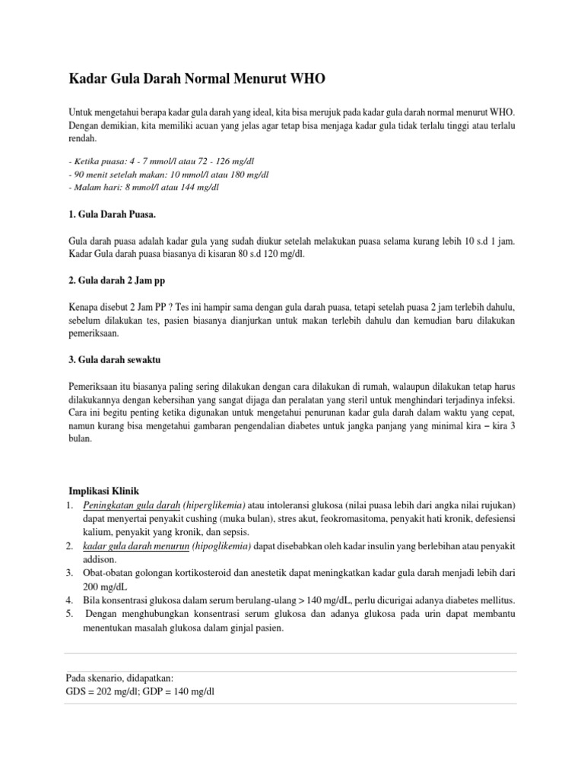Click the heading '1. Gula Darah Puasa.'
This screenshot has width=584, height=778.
point(113,215)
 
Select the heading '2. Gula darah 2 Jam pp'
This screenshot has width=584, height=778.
point(116,281)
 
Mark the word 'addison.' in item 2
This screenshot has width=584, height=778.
point(100,560)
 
